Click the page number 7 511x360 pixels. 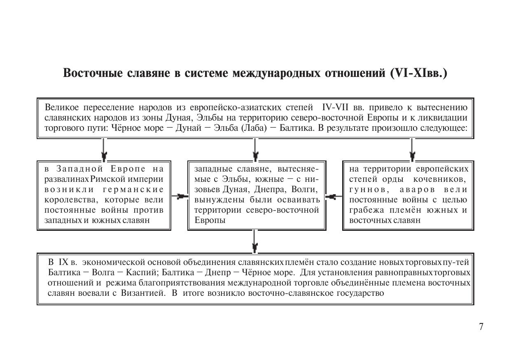481,327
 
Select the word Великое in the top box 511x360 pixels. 62,108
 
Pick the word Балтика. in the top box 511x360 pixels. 296,128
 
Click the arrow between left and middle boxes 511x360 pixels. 179,197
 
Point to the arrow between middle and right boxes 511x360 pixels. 334,197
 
